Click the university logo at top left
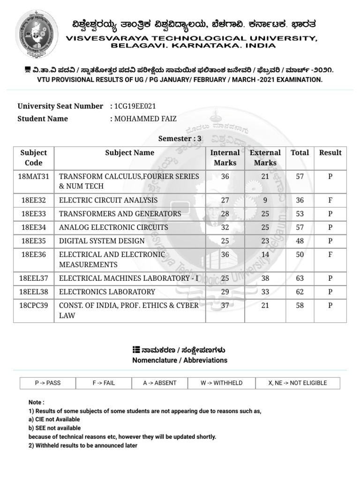coord(37,33)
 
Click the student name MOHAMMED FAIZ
coord(145,119)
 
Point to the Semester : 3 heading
coord(180,138)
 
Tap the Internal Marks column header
coord(225,157)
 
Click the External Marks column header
coord(265,157)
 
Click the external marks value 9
coord(265,200)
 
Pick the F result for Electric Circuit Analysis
coord(330,200)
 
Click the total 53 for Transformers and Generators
coord(300,214)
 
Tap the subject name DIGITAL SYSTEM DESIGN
coord(102,241)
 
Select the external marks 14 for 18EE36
coord(265,255)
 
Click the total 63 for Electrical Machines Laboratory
coord(300,278)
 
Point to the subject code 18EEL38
coord(34,292)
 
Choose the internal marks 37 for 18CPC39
coord(225,305)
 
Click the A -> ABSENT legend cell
coord(160,383)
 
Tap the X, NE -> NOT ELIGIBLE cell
coord(298,383)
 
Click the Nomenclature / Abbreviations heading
coord(180,360)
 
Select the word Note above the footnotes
coord(36,402)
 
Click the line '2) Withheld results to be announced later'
coord(83,445)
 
